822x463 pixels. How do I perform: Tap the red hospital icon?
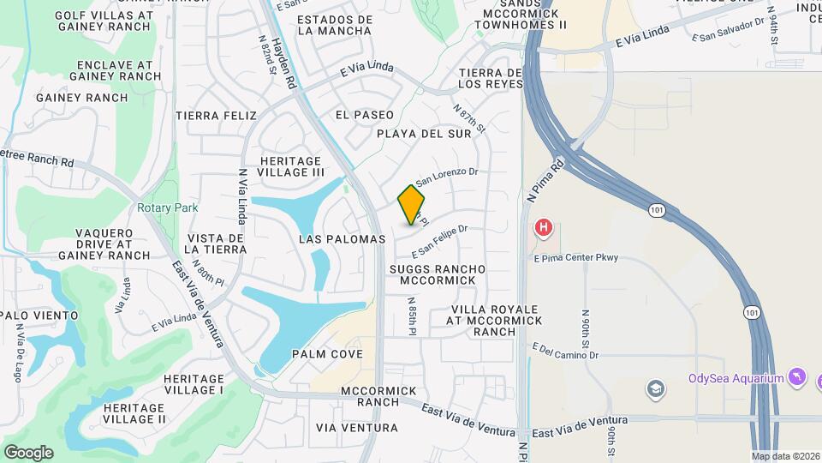click(543, 228)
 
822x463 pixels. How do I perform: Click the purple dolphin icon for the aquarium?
click(797, 378)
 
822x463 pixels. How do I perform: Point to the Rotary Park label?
click(167, 207)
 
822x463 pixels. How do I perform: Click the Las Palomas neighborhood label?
click(342, 239)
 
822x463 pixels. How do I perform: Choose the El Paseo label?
click(365, 115)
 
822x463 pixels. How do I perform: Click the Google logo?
click(28, 452)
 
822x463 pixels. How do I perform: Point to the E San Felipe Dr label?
click(439, 241)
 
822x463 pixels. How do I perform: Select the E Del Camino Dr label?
click(564, 352)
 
